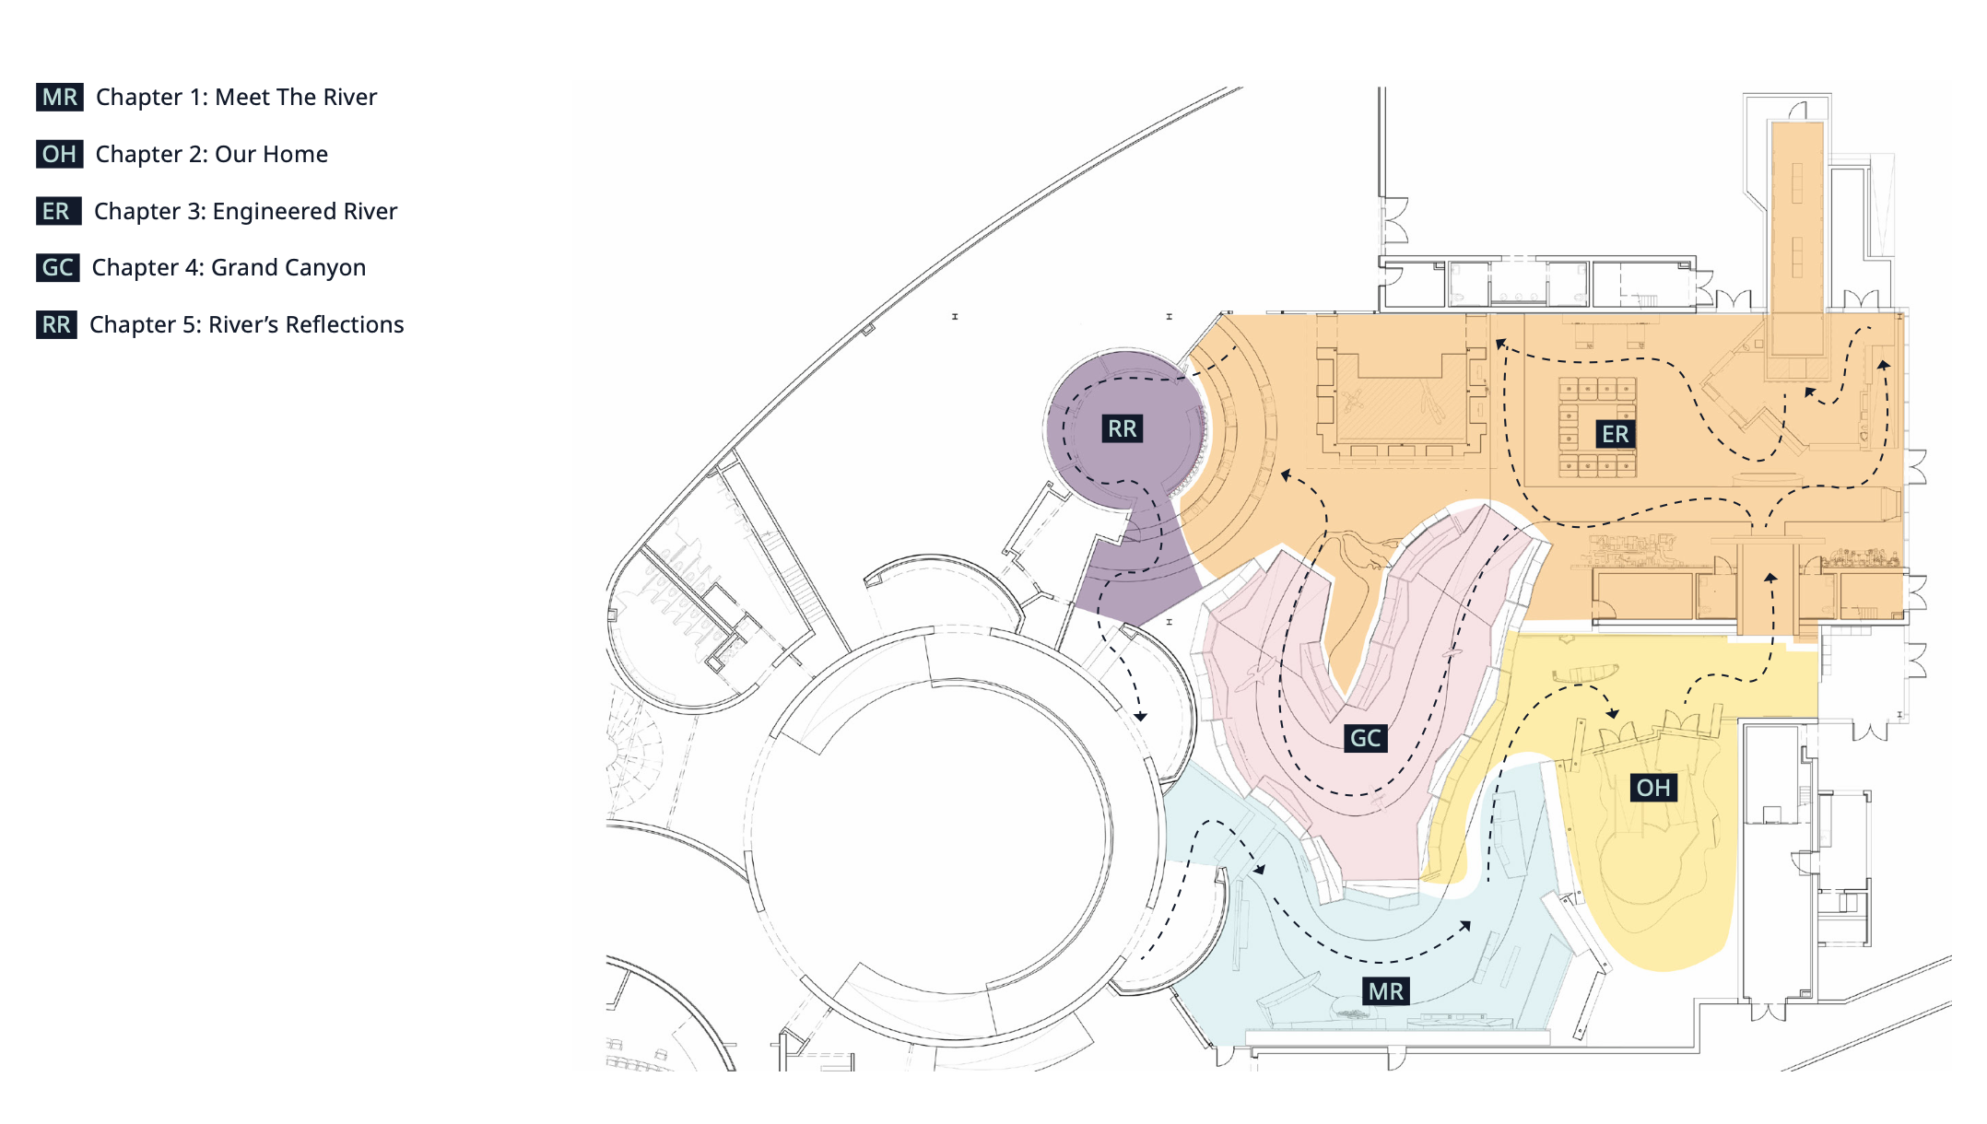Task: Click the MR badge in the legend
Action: click(x=60, y=97)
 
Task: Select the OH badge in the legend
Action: click(x=60, y=154)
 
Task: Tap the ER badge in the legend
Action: click(x=57, y=211)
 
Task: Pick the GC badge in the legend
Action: click(x=57, y=267)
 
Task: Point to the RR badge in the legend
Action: click(x=56, y=324)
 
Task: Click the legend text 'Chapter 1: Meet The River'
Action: click(x=236, y=97)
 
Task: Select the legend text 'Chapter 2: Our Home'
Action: click(x=211, y=154)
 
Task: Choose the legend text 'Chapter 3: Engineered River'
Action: click(x=245, y=211)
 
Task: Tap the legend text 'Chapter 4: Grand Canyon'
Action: click(x=229, y=267)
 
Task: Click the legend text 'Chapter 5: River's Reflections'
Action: click(x=246, y=324)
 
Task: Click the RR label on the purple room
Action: click(x=1122, y=428)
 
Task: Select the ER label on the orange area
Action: click(x=1615, y=434)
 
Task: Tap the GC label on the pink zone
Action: click(x=1365, y=738)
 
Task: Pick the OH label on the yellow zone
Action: click(x=1652, y=788)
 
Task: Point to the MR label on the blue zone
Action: click(x=1386, y=991)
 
